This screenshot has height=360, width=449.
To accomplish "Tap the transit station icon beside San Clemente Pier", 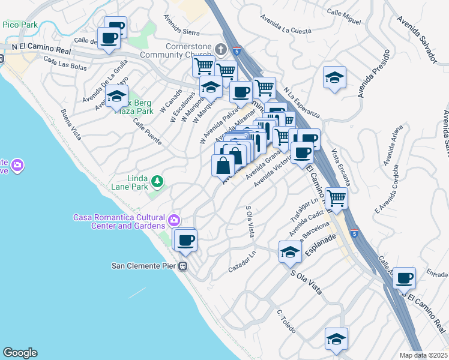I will click(x=184, y=266).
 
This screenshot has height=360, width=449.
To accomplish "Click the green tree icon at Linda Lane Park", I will click(x=157, y=181).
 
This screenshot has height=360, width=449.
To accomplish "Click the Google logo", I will click(x=20, y=353).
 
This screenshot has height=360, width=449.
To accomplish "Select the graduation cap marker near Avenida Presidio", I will click(x=334, y=77).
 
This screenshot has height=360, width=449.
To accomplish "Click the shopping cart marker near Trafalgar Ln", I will click(x=336, y=197).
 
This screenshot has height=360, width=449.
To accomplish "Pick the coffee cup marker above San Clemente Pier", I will click(x=186, y=239).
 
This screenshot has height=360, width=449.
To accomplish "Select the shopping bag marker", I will click(x=223, y=164).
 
